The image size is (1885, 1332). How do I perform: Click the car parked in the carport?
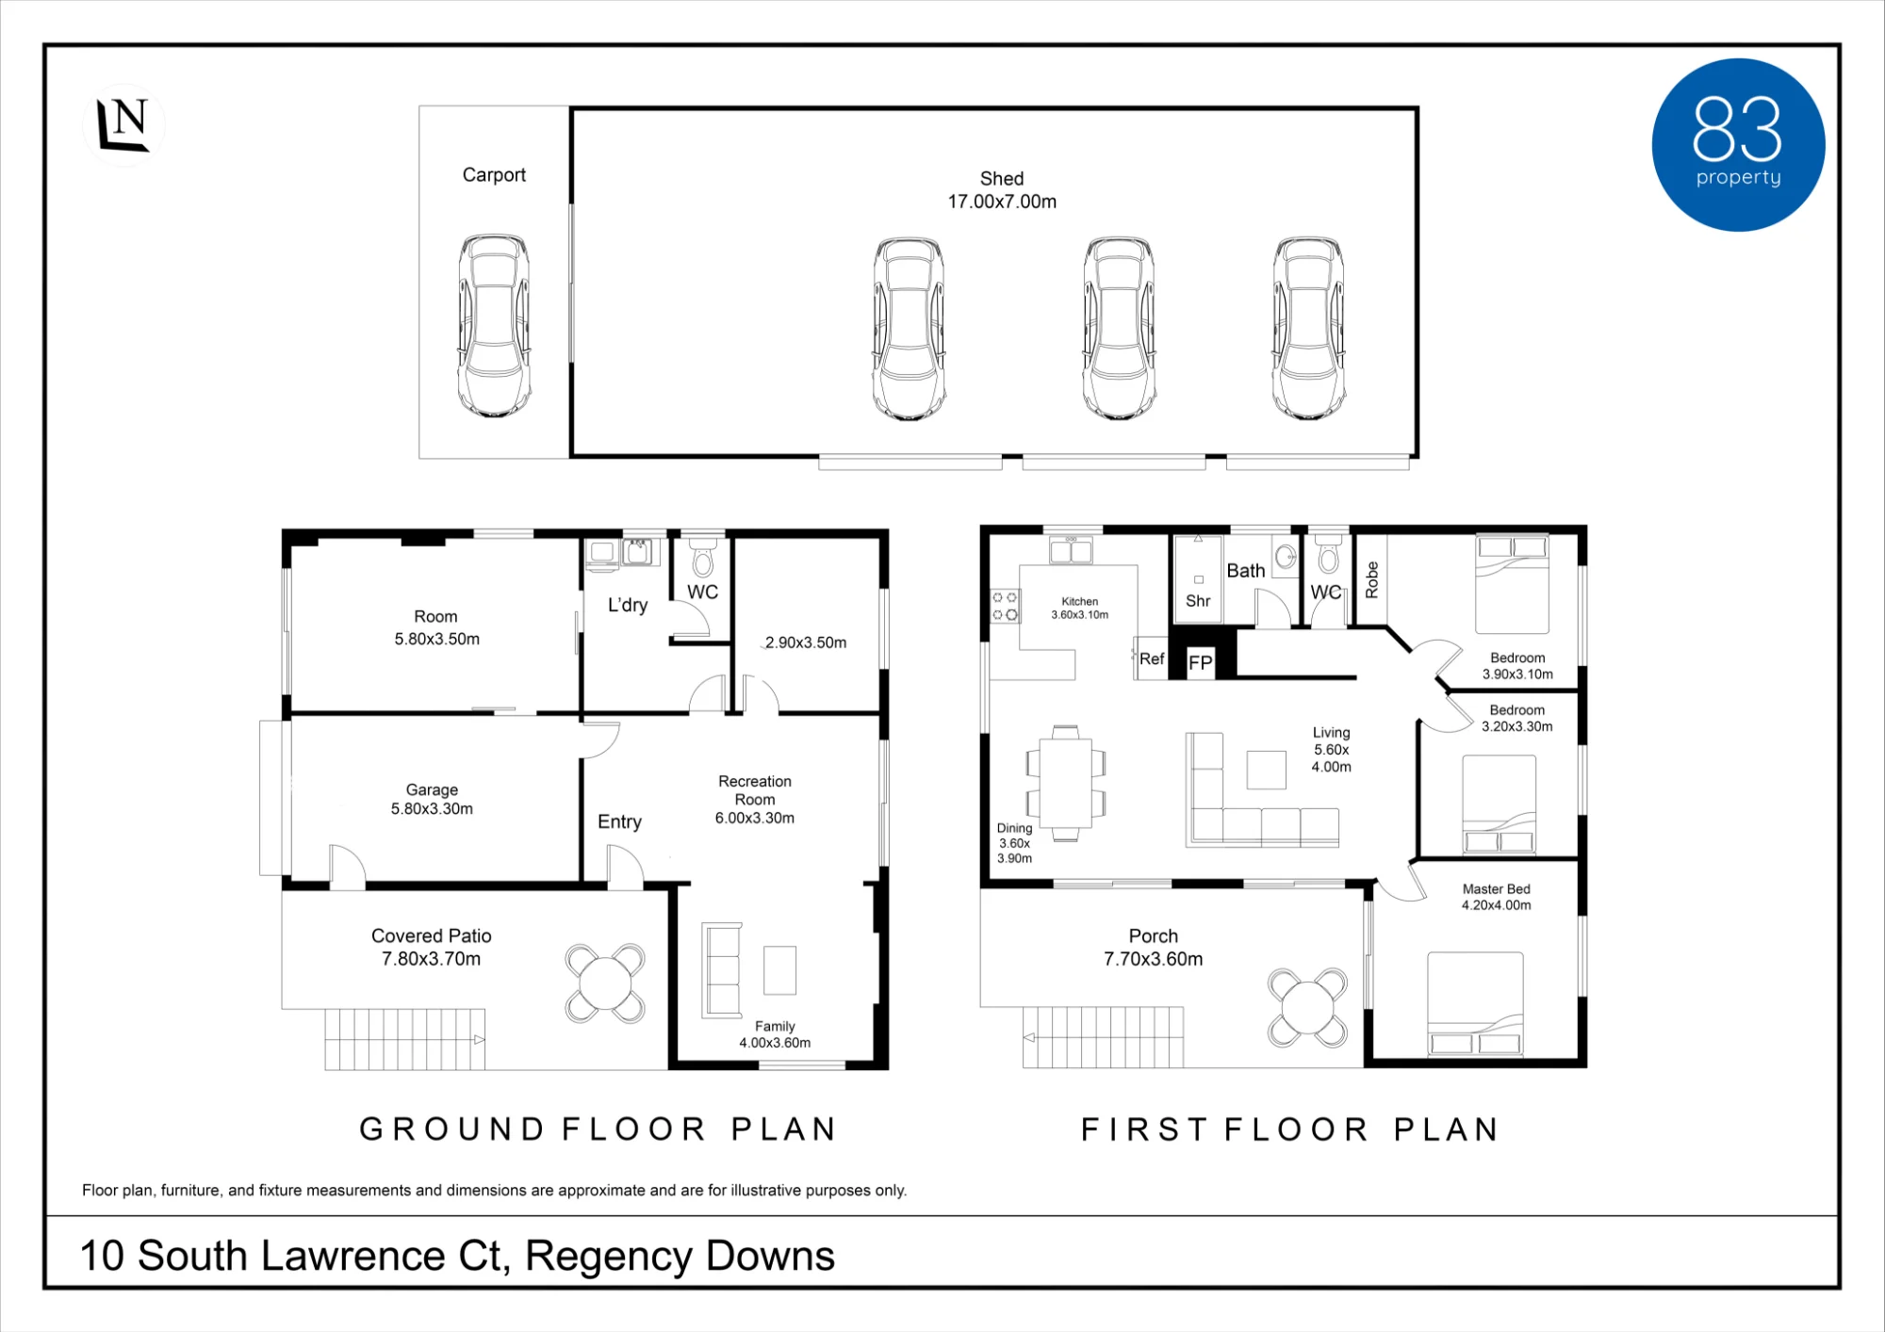[494, 326]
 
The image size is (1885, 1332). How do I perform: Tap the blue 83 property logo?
[1738, 145]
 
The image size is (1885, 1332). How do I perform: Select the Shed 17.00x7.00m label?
[1002, 190]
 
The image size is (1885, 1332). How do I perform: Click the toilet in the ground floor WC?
[703, 557]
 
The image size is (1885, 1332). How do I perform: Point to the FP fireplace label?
[1200, 662]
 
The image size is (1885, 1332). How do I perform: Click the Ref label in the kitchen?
[1152, 658]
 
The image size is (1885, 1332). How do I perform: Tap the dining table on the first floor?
[1066, 783]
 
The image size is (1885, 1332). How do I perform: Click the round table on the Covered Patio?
[605, 983]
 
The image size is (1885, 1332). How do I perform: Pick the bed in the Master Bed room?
[1475, 1003]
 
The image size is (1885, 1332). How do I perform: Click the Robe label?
[1372, 579]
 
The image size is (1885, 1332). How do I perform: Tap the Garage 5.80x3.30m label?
[432, 799]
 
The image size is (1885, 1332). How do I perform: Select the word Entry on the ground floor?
[619, 821]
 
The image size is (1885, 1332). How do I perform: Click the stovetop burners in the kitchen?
[1005, 606]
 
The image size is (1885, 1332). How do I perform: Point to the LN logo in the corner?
[123, 124]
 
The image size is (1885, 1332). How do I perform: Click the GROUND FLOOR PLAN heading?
[598, 1129]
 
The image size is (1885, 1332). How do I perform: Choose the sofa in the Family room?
[722, 970]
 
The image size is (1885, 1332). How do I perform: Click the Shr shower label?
[1198, 601]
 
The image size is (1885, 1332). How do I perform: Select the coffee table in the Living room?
[1267, 770]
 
